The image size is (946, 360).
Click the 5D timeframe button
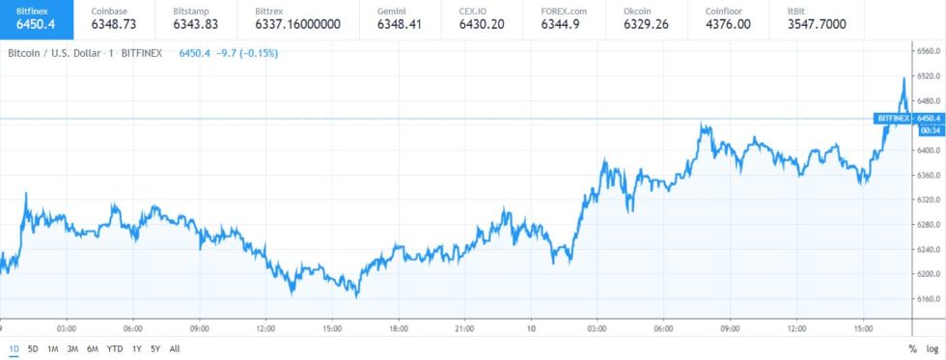(x=33, y=347)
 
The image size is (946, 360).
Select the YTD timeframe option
(x=114, y=347)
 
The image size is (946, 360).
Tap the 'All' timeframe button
(x=174, y=347)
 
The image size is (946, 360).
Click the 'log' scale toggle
(x=932, y=347)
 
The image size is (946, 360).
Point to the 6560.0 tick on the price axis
(x=928, y=50)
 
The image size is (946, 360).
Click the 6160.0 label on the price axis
(x=928, y=298)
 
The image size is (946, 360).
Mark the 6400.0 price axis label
(x=928, y=150)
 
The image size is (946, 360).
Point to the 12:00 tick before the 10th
(x=263, y=327)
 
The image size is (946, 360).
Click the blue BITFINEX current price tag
(x=893, y=118)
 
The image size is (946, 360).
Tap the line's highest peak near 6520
(x=904, y=78)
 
